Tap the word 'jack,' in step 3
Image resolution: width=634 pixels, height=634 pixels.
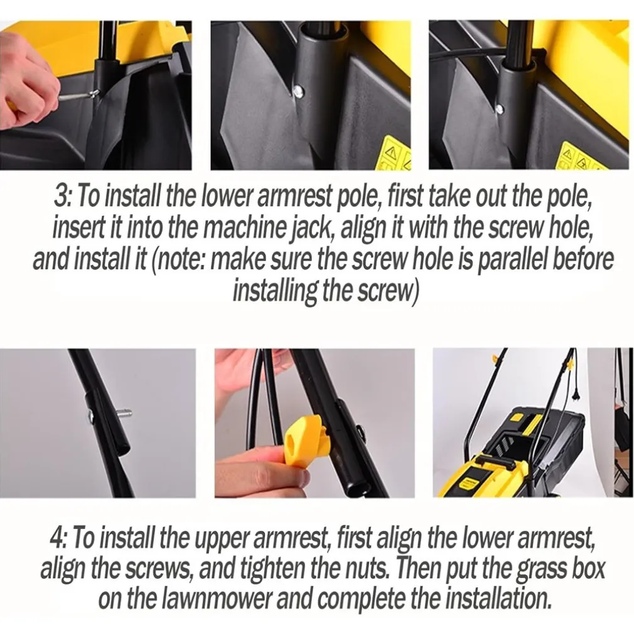(x=314, y=228)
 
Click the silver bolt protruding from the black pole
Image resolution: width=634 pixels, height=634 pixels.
(x=124, y=414)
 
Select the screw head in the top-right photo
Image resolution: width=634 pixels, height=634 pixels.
(x=501, y=108)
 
